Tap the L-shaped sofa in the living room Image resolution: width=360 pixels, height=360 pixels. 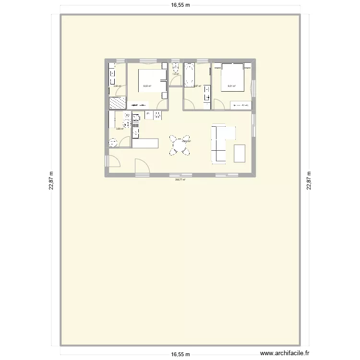click(x=220, y=143)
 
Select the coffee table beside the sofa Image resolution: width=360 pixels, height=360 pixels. click(x=240, y=153)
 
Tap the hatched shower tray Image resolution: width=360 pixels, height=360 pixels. click(x=117, y=103)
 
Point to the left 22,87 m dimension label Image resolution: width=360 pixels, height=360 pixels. click(x=51, y=181)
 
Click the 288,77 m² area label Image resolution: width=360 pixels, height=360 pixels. click(x=180, y=180)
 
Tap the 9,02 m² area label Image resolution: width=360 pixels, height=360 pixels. click(x=147, y=86)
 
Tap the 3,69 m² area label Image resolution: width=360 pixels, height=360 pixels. click(x=120, y=128)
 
